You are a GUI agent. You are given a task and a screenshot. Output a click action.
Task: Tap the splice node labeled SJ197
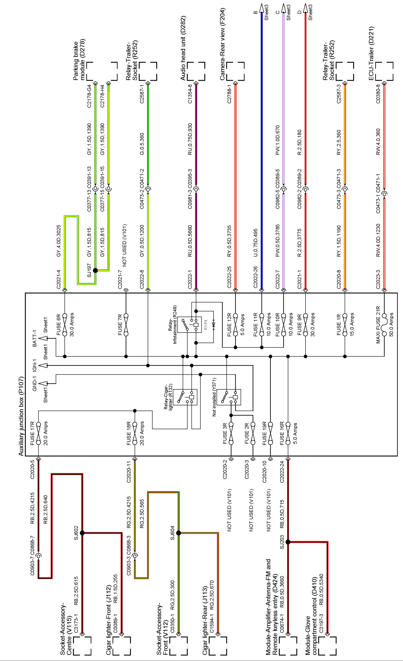(95, 270)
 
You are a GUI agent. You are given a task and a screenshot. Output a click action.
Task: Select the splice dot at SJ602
(82, 533)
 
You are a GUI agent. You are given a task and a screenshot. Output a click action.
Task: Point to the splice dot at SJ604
(178, 533)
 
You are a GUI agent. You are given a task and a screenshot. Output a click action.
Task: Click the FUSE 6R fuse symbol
(65, 325)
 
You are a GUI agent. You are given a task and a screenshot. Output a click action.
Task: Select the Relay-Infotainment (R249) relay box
(189, 325)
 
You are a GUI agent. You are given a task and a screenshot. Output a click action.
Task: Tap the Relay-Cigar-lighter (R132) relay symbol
(185, 397)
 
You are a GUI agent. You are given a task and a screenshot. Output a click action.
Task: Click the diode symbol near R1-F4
(214, 325)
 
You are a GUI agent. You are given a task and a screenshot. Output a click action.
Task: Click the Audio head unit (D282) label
(183, 48)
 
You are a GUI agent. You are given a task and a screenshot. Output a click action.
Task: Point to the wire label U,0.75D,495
(255, 243)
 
